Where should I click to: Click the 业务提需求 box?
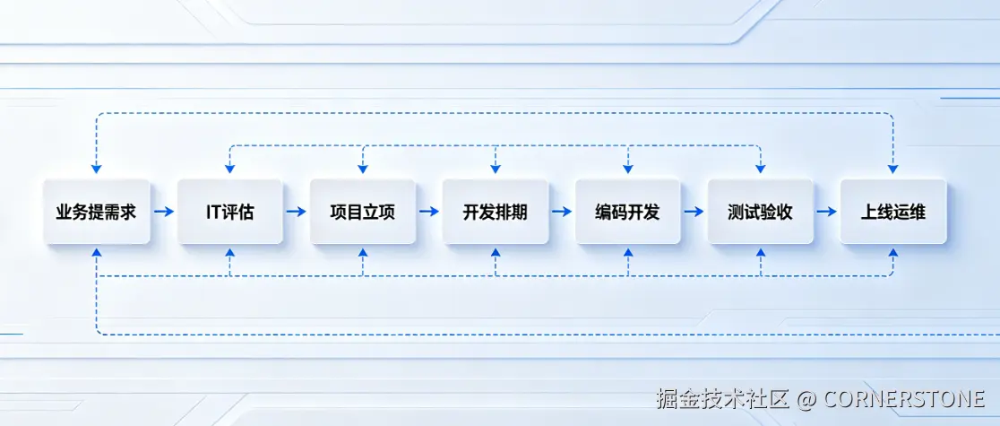[x=96, y=213]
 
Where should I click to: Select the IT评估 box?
[x=229, y=213]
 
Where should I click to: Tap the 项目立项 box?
[x=362, y=213]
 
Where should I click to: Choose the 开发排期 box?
[x=495, y=213]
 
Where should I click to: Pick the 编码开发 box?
[x=627, y=213]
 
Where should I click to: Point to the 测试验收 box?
[x=760, y=213]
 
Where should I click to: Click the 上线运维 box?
[x=892, y=213]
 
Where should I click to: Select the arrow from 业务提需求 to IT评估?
[x=163, y=213]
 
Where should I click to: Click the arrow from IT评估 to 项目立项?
[x=296, y=213]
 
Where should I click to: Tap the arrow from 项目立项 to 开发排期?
[x=428, y=213]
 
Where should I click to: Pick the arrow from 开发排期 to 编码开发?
[x=561, y=213]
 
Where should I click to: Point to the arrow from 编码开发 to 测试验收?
[x=694, y=213]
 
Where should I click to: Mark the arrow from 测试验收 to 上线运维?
[x=826, y=213]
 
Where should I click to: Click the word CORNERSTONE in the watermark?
[x=904, y=397]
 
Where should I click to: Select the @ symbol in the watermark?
[x=806, y=397]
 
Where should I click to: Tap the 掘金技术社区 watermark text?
[x=721, y=397]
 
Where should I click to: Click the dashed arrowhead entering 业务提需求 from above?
[x=96, y=169]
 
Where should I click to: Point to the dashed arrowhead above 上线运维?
[x=892, y=169]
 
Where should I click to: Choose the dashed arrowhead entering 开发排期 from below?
[x=495, y=254]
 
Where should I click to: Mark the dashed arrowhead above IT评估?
[x=229, y=169]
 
